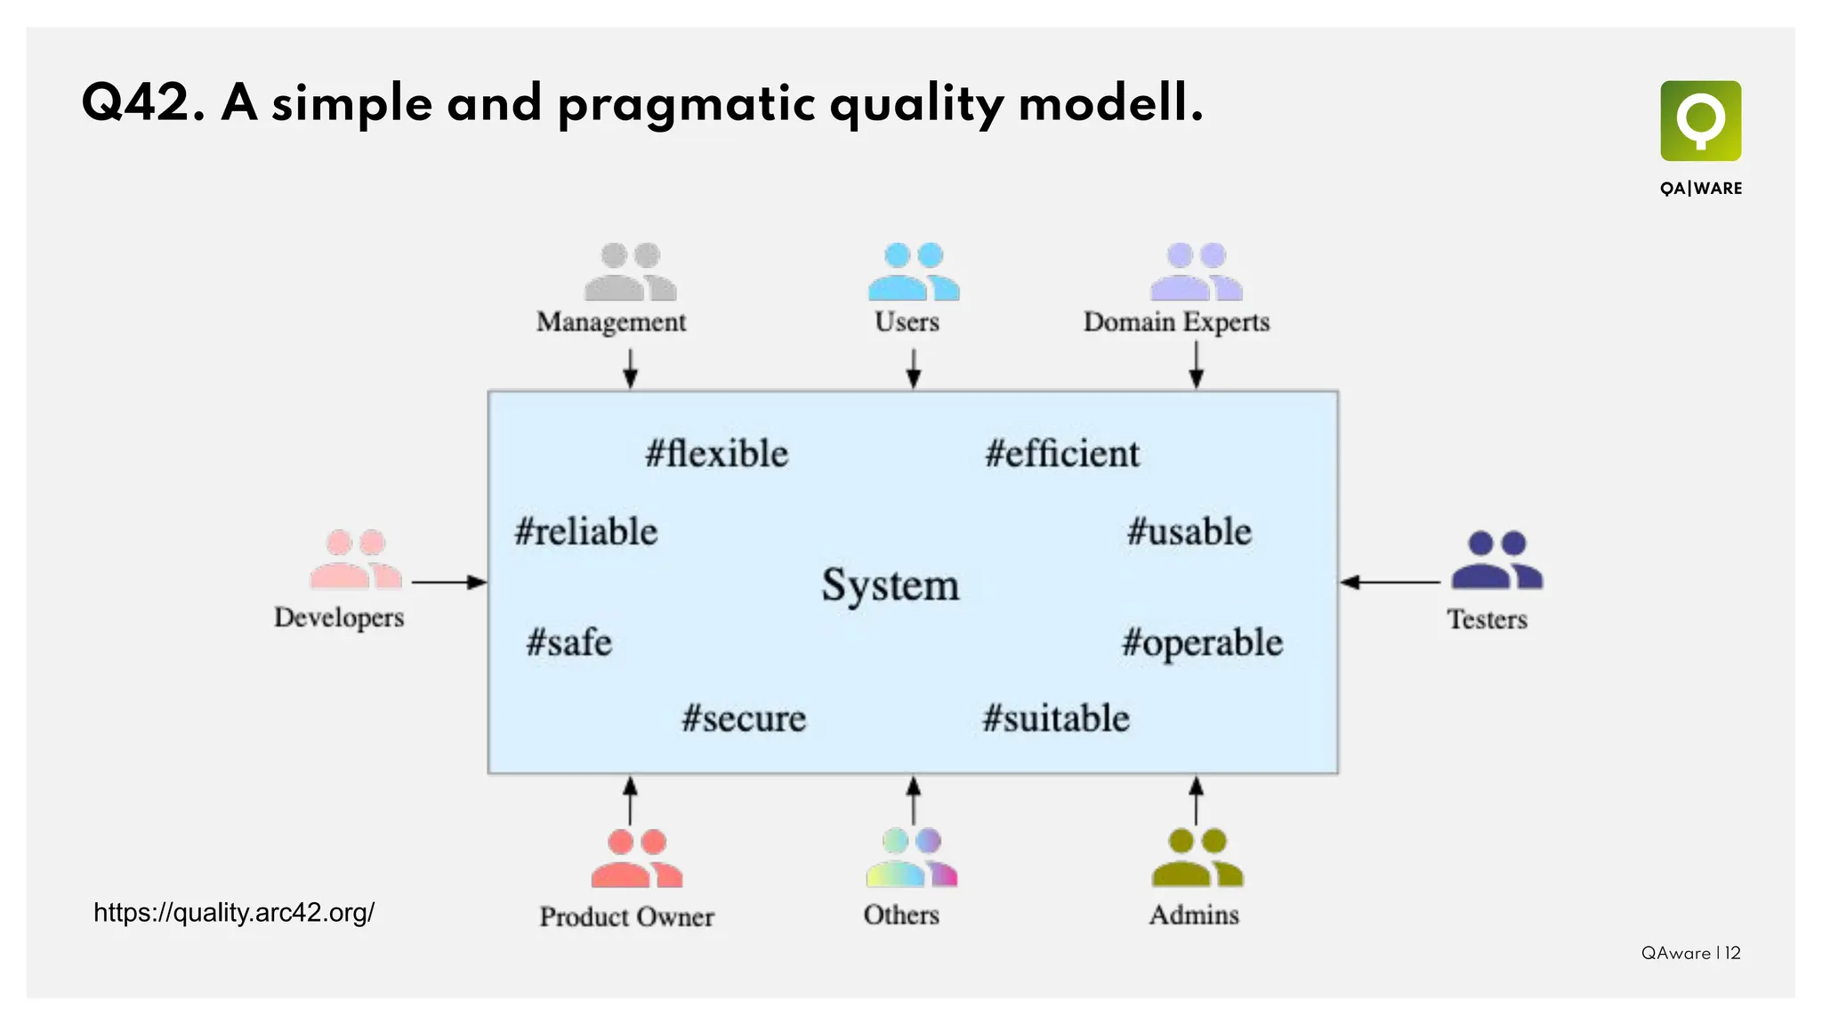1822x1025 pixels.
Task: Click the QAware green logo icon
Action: pyautogui.click(x=1700, y=121)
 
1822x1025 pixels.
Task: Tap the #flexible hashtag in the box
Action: pyautogui.click(x=716, y=454)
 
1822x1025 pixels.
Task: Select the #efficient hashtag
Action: pyautogui.click(x=1061, y=454)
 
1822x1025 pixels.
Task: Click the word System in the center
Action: pyautogui.click(x=890, y=585)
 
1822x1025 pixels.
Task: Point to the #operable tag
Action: pyautogui.click(x=1202, y=643)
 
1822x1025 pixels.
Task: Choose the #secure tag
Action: pyautogui.click(x=744, y=718)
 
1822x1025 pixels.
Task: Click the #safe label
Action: pyautogui.click(x=568, y=642)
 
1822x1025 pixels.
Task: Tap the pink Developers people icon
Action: pyautogui.click(x=356, y=560)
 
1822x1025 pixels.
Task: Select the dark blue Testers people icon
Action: pyautogui.click(x=1496, y=561)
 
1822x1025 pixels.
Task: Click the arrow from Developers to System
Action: pyautogui.click(x=448, y=583)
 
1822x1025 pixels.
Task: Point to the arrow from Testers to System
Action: pyautogui.click(x=1390, y=583)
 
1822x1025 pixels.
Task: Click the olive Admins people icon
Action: pyautogui.click(x=1197, y=858)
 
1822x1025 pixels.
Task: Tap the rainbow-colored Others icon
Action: pyautogui.click(x=912, y=858)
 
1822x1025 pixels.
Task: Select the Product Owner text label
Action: pyautogui.click(x=626, y=916)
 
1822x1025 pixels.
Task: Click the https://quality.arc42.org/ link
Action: pyautogui.click(x=234, y=913)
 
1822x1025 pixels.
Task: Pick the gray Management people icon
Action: pyautogui.click(x=630, y=272)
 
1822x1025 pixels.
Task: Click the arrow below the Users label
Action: pyautogui.click(x=913, y=367)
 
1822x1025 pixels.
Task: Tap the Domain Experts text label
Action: pyautogui.click(x=1176, y=322)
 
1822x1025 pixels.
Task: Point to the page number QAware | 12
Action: pyautogui.click(x=1690, y=953)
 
